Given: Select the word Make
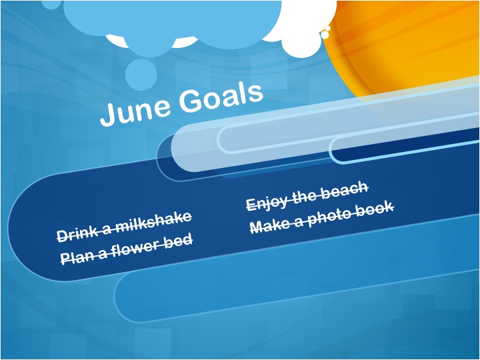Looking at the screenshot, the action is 269,226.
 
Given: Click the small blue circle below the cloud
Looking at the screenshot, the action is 141,75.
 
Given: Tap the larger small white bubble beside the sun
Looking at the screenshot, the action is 325,35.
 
